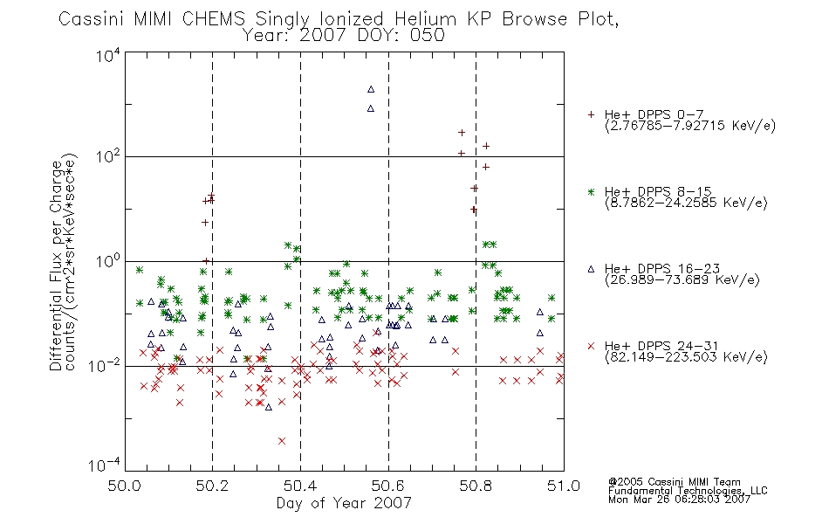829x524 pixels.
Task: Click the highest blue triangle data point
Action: [x=371, y=89]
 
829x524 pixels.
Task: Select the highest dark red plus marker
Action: [x=462, y=133]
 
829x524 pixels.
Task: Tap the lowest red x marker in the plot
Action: [x=282, y=441]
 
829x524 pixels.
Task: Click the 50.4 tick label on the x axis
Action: [x=300, y=486]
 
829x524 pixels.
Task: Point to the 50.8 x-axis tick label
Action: [x=476, y=486]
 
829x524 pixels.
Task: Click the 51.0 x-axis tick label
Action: [x=564, y=486]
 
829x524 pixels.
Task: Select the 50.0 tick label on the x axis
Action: [x=124, y=486]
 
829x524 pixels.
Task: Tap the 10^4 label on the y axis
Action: [x=108, y=54]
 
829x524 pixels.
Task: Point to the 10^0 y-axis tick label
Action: [x=108, y=261]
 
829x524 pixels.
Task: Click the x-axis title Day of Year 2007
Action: [x=344, y=503]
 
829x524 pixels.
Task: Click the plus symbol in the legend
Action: [x=592, y=114]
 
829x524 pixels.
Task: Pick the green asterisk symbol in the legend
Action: [x=592, y=191]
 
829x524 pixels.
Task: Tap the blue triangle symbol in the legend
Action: [x=592, y=269]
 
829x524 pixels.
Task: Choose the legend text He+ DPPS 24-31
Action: [x=661, y=346]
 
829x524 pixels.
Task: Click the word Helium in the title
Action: [x=425, y=19]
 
